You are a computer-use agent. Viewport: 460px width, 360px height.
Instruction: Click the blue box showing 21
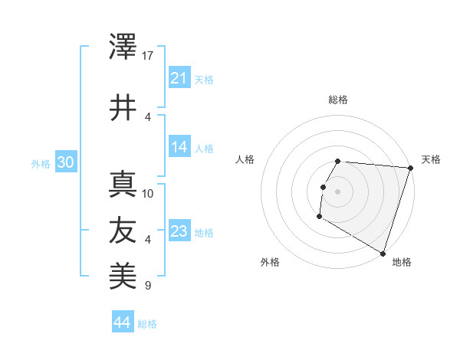179,78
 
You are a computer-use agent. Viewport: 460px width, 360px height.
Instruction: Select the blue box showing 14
179,147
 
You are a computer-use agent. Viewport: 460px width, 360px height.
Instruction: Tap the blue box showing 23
179,231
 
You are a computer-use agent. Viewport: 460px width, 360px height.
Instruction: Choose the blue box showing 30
65,163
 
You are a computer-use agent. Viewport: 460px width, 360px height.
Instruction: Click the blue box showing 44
122,322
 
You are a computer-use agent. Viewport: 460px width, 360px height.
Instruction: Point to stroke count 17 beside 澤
148,55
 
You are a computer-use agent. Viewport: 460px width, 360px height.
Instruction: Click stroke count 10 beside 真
148,193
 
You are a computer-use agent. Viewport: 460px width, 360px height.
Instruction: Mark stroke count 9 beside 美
148,286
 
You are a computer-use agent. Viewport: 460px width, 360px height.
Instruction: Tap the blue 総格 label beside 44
147,324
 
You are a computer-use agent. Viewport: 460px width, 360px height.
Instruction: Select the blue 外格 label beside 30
41,164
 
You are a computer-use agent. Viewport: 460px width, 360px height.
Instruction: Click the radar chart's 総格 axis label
338,100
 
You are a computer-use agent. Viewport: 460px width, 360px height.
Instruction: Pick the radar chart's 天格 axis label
431,159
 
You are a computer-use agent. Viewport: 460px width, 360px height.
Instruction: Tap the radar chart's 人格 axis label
245,159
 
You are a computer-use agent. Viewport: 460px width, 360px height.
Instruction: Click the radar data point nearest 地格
383,252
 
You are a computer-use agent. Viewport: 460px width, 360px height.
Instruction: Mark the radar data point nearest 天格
409,168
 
